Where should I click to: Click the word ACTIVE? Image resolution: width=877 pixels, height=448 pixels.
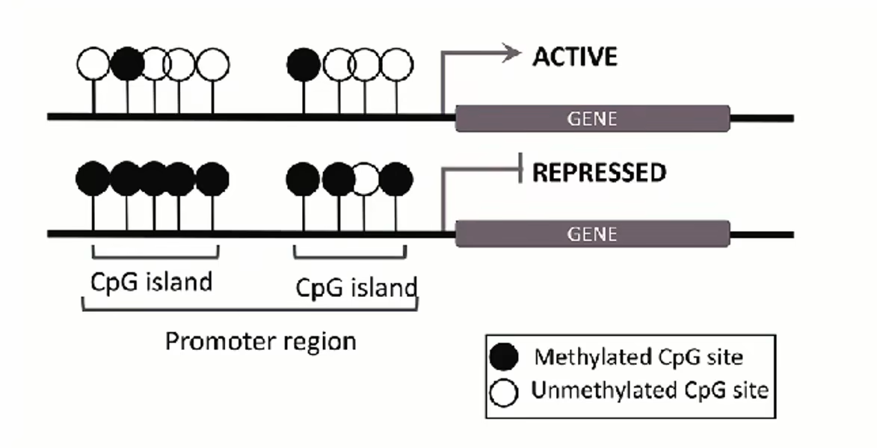point(574,57)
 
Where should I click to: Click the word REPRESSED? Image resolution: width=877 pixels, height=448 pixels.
point(598,174)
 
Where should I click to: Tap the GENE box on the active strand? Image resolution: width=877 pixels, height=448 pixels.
point(592,118)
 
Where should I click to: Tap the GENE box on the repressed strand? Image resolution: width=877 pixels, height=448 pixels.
point(592,234)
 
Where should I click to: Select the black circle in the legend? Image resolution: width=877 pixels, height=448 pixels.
point(505,359)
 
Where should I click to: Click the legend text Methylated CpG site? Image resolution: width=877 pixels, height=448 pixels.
point(638,358)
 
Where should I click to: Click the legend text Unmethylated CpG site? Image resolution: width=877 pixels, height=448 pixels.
point(649,390)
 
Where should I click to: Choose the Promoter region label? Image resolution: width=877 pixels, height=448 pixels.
point(260,341)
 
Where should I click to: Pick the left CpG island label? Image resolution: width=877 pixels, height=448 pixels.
point(151,282)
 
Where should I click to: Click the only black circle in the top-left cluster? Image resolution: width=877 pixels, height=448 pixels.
point(127,64)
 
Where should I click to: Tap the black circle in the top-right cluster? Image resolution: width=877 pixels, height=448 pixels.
point(303,64)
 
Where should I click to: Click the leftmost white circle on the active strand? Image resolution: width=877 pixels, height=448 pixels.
point(93,64)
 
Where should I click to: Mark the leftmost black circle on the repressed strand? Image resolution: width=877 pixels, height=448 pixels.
point(93,179)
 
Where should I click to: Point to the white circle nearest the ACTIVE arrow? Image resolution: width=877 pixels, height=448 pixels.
point(396,64)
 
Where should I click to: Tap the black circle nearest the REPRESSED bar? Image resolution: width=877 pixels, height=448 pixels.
point(396,179)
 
